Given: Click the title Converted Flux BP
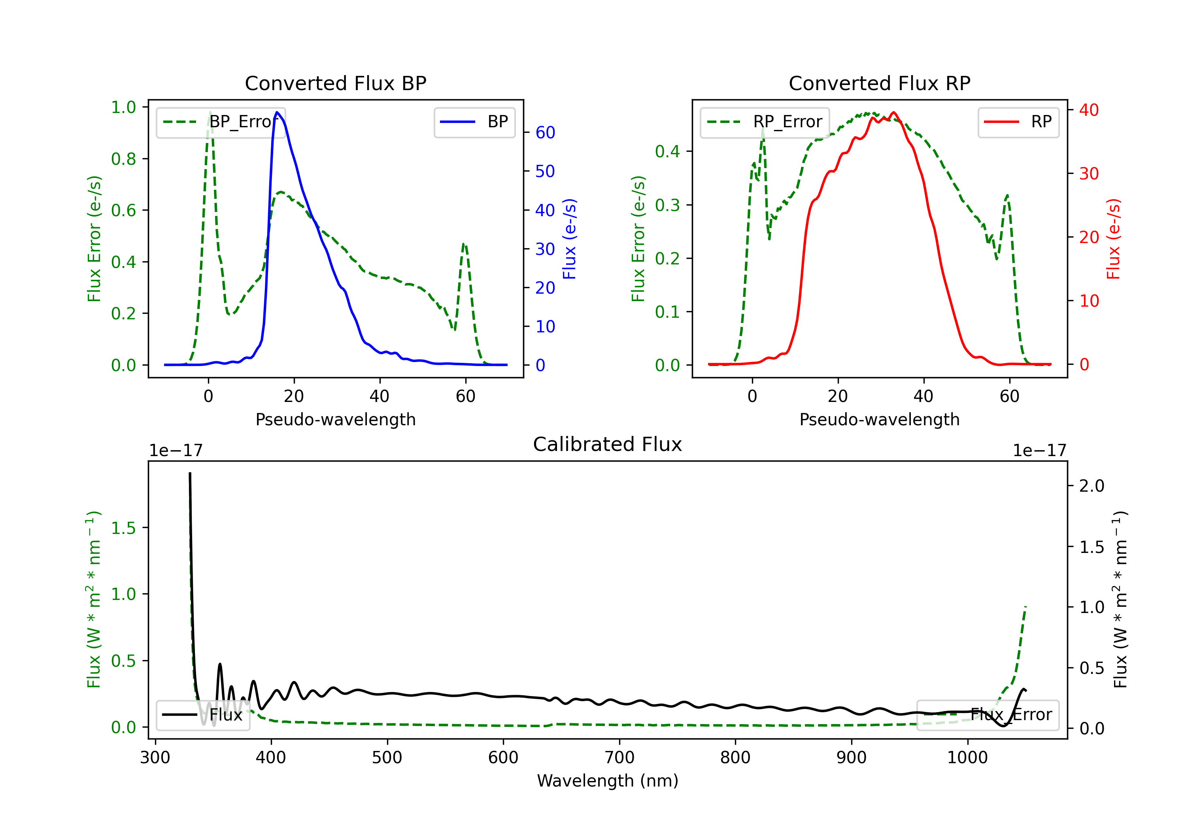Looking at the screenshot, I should [335, 83].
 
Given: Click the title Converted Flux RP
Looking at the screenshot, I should [879, 83].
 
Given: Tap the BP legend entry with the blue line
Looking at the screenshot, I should [475, 122].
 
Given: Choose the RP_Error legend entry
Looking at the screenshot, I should [765, 122].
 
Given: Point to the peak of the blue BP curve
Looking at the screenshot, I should [278, 112].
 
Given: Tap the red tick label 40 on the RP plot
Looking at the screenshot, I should [1088, 110].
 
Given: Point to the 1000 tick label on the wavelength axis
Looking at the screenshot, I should [967, 758].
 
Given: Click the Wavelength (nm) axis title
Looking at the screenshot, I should [608, 781].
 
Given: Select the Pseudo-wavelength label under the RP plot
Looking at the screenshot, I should [879, 419].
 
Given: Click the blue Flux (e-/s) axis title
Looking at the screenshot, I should [569, 239].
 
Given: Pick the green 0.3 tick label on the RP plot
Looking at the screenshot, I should [667, 205].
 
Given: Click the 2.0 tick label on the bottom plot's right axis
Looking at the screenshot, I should [1092, 486].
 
